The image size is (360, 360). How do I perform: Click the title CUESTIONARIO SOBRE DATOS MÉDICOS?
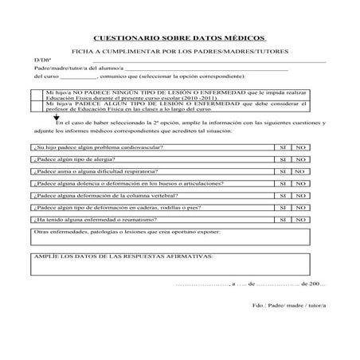(180, 37)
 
